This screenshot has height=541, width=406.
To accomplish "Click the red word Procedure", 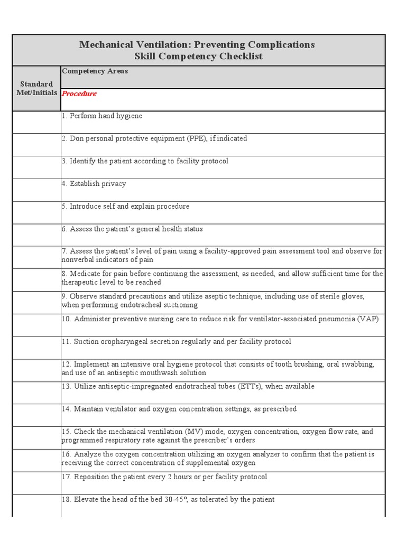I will click(x=79, y=94).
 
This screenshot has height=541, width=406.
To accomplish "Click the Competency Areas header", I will click(x=95, y=71).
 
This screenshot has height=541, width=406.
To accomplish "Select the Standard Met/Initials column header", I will click(x=36, y=88).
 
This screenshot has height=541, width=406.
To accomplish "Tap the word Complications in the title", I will click(x=281, y=44).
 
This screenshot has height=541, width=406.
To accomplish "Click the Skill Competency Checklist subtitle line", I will click(x=198, y=56).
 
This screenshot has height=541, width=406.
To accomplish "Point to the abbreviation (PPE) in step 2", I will click(x=196, y=138).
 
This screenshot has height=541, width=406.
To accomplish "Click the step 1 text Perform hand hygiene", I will click(x=106, y=116).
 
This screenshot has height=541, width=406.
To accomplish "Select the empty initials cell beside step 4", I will click(x=36, y=190).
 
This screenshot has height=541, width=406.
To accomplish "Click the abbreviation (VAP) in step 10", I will click(x=367, y=319).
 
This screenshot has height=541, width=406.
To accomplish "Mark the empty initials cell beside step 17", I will click(x=36, y=483).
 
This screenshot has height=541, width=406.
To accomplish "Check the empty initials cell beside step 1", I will click(x=36, y=122).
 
